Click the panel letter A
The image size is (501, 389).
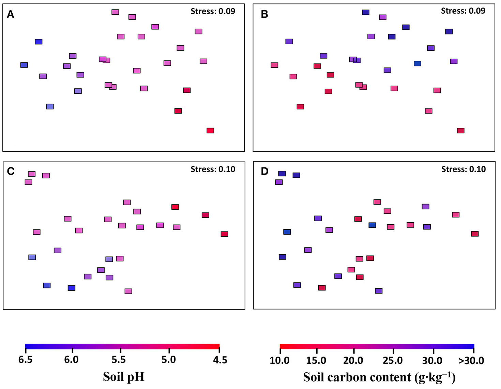click(11, 14)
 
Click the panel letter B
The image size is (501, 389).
click(264, 14)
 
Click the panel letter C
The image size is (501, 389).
click(11, 171)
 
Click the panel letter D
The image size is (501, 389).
click(264, 171)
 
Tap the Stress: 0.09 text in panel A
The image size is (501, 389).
click(213, 11)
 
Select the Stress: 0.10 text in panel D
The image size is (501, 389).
click(463, 169)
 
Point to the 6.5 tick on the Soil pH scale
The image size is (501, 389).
click(25, 360)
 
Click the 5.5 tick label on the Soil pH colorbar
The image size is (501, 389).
click(119, 360)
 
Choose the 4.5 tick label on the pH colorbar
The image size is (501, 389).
click(220, 360)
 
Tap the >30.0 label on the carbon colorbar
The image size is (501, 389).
click(471, 361)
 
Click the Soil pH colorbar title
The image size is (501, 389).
click(123, 377)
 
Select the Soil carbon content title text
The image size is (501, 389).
click(379, 377)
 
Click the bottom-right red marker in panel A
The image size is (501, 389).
click(210, 131)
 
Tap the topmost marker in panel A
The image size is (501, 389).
click(115, 12)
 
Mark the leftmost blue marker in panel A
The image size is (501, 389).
click(24, 65)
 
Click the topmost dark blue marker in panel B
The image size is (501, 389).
click(365, 12)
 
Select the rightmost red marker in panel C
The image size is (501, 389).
click(224, 234)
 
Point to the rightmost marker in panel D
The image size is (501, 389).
click(474, 234)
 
